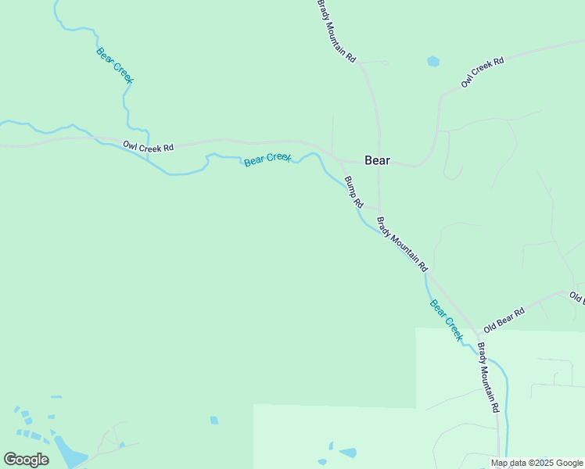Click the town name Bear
[x=377, y=160]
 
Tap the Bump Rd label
[x=354, y=192]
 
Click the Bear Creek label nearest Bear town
[x=267, y=159]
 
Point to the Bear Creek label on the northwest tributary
[x=115, y=66]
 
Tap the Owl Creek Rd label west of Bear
[x=148, y=146]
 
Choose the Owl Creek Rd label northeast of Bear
[x=483, y=71]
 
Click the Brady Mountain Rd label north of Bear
[x=336, y=31]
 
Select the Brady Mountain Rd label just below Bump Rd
[x=402, y=244]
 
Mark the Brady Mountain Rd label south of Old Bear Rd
[x=488, y=378]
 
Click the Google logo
[x=26, y=460]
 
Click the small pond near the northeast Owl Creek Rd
[x=433, y=61]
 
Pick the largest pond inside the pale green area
[x=347, y=453]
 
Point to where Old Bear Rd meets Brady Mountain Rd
[x=477, y=335]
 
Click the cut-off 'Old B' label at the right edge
[x=577, y=298]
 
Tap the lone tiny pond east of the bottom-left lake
[x=214, y=421]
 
